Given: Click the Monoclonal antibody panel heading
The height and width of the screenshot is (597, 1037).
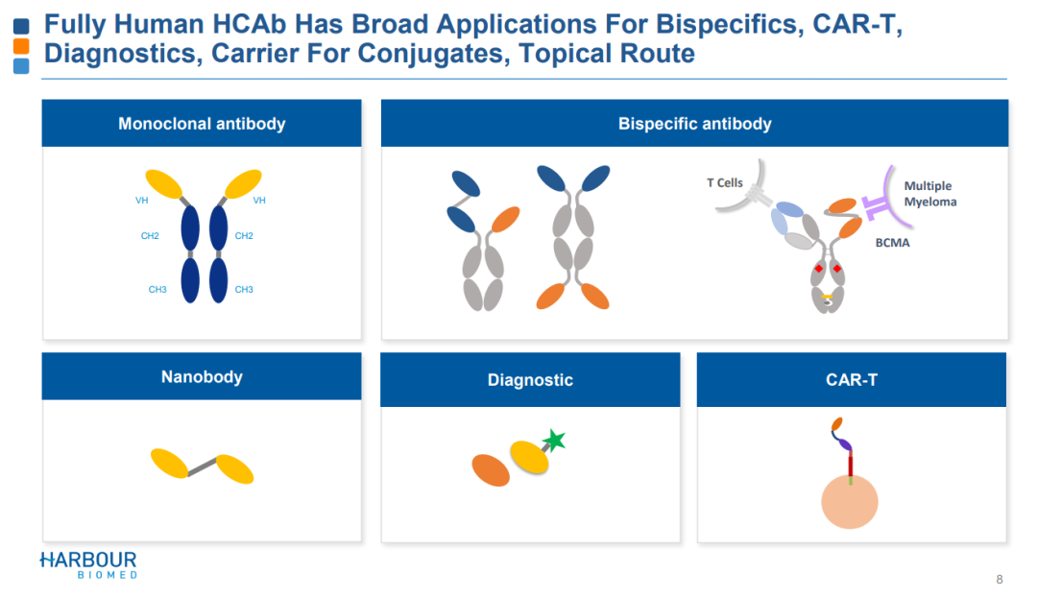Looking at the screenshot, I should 202,124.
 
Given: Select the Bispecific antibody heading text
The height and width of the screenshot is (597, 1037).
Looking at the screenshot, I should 694,124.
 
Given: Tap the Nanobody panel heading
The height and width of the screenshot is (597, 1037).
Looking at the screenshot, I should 202,377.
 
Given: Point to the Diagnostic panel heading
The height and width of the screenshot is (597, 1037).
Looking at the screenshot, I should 530,380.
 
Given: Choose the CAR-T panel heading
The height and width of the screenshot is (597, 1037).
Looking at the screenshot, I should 852,380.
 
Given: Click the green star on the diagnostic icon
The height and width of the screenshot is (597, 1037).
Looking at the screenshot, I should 554,441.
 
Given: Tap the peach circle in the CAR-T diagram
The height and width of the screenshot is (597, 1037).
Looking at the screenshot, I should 851,502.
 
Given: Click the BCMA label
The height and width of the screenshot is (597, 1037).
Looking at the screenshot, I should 892,243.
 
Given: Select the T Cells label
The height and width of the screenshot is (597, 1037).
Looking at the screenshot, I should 725,182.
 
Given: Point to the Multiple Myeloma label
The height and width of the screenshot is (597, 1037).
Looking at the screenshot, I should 929,194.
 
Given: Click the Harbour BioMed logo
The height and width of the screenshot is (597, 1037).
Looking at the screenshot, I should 88,564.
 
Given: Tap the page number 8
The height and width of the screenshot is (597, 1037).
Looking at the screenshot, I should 1000,579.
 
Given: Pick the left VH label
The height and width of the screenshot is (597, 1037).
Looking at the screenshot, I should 142,201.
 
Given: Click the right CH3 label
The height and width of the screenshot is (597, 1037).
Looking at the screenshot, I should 244,289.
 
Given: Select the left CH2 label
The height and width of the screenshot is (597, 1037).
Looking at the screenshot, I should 150,235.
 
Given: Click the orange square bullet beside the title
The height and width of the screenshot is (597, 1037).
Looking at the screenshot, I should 21,46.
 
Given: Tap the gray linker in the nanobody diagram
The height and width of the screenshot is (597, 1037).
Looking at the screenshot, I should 202,467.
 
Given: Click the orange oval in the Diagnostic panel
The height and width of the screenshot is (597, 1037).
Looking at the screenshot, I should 491,470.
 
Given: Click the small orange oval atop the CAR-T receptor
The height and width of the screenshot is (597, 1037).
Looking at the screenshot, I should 837,423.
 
